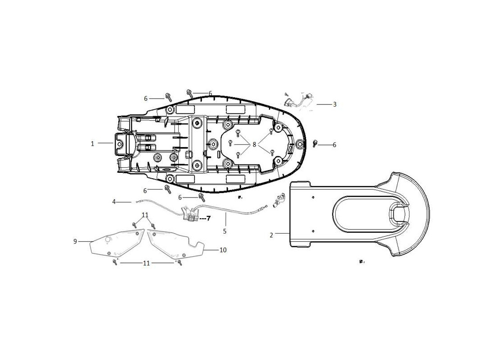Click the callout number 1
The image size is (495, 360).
pyautogui.click(x=93, y=144)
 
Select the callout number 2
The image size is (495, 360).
pyautogui.click(x=271, y=235)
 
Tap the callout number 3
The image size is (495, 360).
pyautogui.click(x=335, y=104)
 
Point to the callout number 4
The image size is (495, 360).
pyautogui.click(x=114, y=202)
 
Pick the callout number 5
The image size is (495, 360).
pyautogui.click(x=225, y=231)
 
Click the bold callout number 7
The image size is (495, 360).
pyautogui.click(x=208, y=218)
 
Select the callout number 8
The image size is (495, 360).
pyautogui.click(x=254, y=144)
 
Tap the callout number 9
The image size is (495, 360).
pyautogui.click(x=75, y=241)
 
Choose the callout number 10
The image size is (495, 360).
pyautogui.click(x=223, y=250)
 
